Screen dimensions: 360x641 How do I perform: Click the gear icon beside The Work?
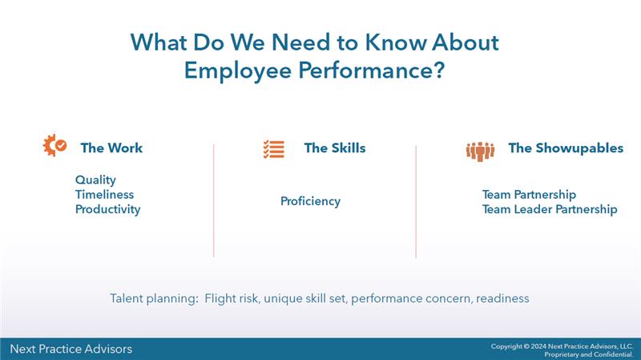tap(54, 147)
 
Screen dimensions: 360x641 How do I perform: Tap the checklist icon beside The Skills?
tap(273, 149)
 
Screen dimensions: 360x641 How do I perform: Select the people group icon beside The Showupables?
tap(480, 150)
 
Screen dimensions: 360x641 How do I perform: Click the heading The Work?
tap(111, 148)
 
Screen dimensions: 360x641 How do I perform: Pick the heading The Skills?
tap(334, 148)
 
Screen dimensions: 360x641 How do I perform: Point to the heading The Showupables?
tap(566, 148)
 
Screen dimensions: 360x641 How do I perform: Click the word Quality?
tap(95, 180)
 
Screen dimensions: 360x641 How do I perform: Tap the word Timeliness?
tap(104, 195)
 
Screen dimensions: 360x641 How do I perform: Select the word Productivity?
tap(107, 209)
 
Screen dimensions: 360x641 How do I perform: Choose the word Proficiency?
tap(310, 201)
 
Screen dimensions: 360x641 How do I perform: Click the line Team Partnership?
tap(529, 195)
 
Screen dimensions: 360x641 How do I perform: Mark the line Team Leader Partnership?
tap(550, 209)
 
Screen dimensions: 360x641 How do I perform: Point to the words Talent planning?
tap(153, 298)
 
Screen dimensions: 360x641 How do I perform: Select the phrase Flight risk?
tap(233, 298)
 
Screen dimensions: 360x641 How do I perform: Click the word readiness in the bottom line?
tap(502, 298)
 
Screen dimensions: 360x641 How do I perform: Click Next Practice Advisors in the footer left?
tap(71, 349)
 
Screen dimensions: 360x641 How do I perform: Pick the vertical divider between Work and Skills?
tap(214, 200)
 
